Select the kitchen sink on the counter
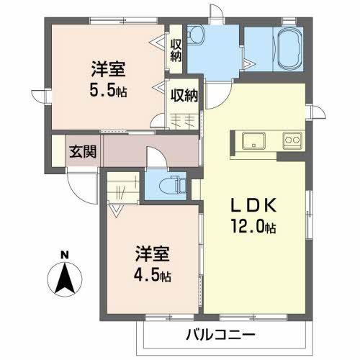tap(254, 140)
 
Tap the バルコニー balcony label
tap(220, 334)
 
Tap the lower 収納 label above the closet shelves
tap(185, 94)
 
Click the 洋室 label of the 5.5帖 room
tap(108, 71)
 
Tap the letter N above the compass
tap(65, 253)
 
